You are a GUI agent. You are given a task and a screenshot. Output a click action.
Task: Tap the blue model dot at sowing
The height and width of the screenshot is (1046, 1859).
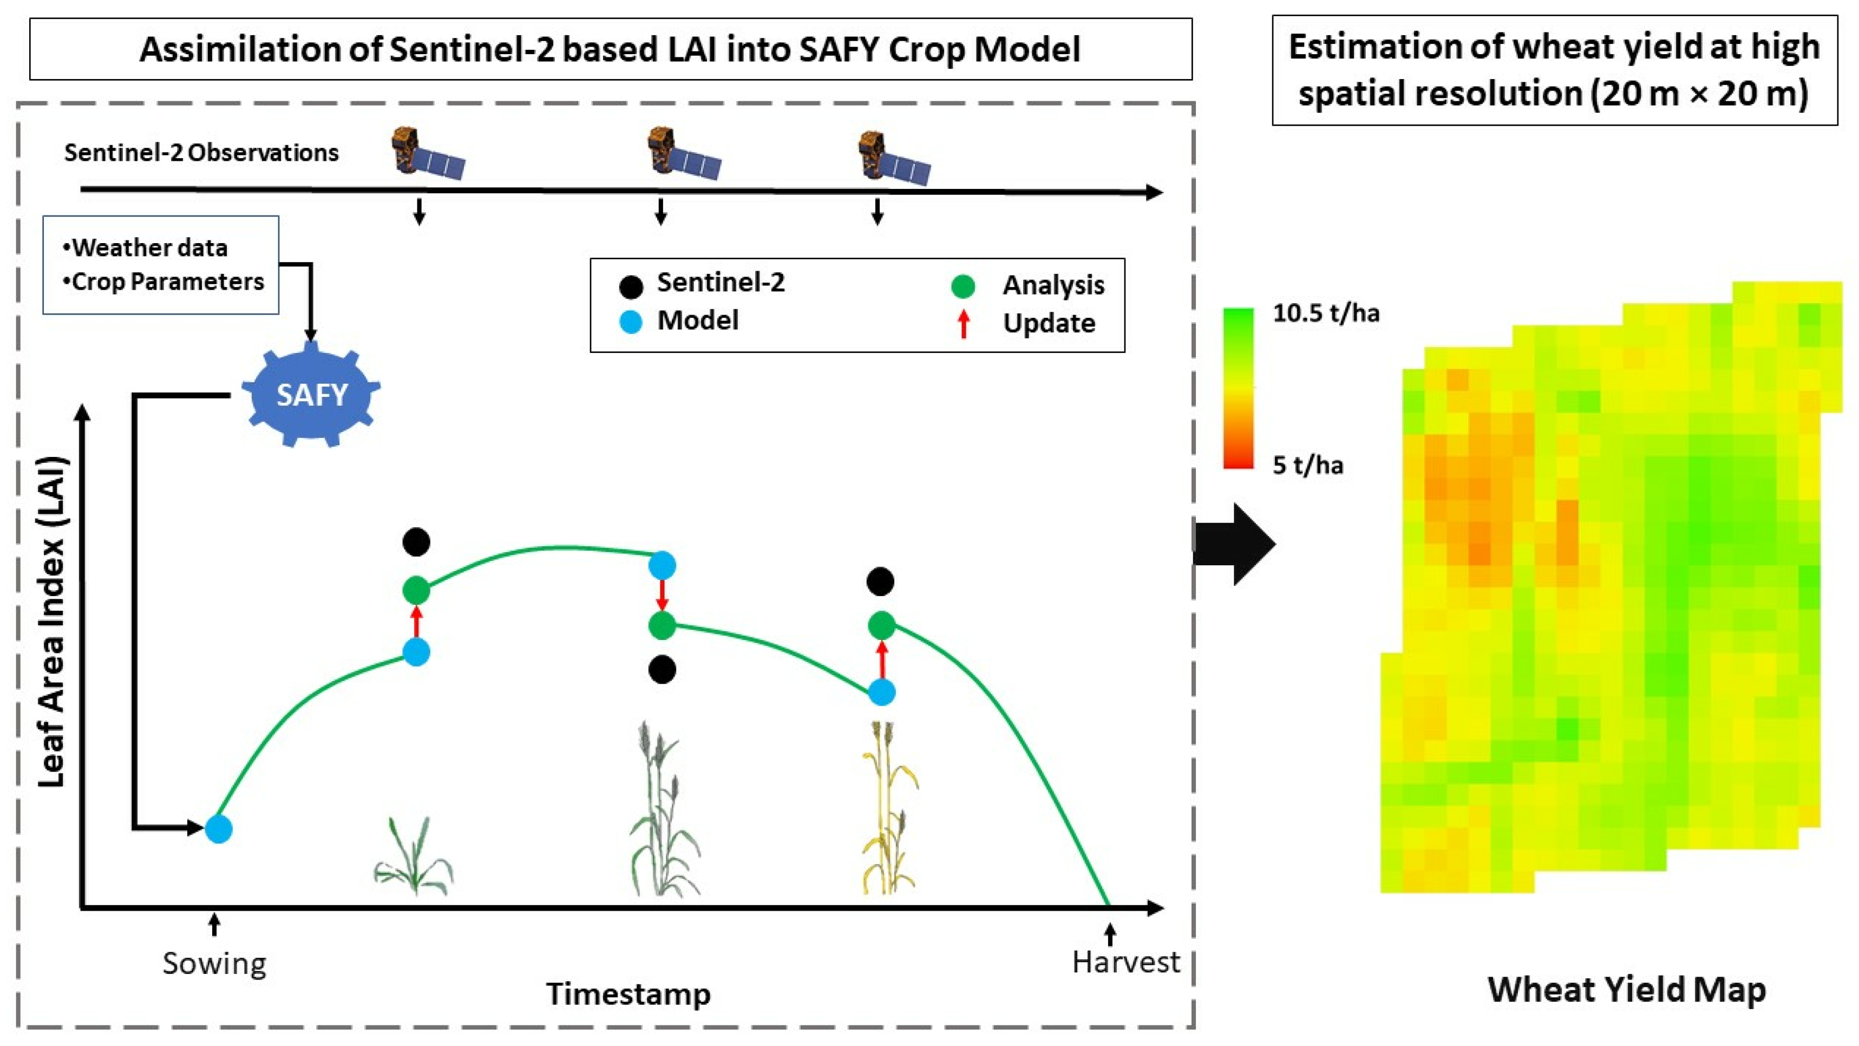point(218,829)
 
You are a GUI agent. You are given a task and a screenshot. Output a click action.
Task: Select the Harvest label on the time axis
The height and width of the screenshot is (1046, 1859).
point(1125,962)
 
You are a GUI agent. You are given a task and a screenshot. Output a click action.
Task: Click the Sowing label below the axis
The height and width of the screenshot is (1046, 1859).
point(214,963)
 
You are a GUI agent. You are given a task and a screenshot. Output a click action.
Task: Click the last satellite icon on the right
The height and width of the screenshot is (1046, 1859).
point(893,158)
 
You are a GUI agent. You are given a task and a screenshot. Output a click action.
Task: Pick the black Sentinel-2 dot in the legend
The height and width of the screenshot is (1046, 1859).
point(631,286)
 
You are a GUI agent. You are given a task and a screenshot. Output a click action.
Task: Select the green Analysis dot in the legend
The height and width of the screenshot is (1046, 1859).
point(963,286)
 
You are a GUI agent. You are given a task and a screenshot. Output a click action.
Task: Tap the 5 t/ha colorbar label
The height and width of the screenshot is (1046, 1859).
point(1307,465)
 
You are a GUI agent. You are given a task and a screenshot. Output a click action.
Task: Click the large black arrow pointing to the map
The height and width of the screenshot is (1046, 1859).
point(1234,544)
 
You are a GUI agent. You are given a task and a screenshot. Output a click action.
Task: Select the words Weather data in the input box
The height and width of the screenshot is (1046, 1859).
point(149,247)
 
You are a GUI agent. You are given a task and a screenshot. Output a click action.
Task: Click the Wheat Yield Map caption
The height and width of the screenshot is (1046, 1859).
point(1627,989)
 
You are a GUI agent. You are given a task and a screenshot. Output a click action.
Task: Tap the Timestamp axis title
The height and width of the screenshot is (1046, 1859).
point(628,993)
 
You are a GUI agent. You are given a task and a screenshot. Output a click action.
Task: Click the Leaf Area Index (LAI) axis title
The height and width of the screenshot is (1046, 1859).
point(52,621)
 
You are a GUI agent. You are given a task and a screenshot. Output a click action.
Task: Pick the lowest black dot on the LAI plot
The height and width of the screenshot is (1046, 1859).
point(662,669)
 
